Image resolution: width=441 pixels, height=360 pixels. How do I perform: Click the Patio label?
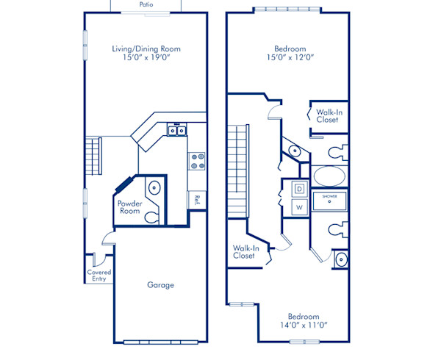point(146,4)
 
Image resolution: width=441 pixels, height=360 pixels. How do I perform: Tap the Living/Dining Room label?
point(146,49)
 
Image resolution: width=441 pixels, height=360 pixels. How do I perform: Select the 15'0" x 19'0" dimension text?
point(146,57)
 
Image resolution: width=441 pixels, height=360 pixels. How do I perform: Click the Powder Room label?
point(129,207)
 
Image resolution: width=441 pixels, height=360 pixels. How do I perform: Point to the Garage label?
point(160,285)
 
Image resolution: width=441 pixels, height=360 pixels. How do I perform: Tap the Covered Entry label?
point(99,276)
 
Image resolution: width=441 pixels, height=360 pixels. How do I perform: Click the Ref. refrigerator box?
point(196,200)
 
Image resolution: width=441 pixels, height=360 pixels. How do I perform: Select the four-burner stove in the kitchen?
point(196,161)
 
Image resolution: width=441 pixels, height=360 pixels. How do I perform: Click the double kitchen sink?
point(177,130)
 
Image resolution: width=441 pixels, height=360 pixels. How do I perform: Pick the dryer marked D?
point(300,189)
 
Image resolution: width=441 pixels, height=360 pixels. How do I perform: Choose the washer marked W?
point(300,207)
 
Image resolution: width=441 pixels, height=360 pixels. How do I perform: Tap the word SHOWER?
point(329,196)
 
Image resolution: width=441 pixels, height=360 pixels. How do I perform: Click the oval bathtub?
point(329,176)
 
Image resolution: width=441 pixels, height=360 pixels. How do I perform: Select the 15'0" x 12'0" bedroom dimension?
point(290,57)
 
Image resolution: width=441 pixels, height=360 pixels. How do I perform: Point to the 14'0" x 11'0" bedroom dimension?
point(304,325)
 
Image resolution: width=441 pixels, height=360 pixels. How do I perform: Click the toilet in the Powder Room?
point(151,217)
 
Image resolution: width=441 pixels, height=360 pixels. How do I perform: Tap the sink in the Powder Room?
point(154,187)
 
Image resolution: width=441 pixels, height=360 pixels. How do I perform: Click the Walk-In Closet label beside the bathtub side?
point(329,116)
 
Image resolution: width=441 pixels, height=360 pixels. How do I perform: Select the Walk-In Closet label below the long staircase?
point(245,252)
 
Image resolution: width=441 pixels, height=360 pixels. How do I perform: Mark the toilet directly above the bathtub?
point(337,153)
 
